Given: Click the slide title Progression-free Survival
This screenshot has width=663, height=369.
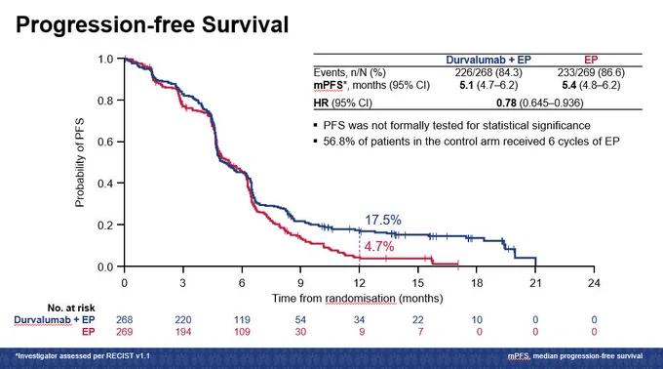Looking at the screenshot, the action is [152, 24].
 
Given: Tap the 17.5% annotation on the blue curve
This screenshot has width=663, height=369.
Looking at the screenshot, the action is [383, 220].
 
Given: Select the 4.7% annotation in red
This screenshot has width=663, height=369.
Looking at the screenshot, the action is [379, 246].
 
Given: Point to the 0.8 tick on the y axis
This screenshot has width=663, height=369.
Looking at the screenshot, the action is [105, 101].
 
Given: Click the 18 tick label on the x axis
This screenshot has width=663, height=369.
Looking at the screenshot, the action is [477, 283].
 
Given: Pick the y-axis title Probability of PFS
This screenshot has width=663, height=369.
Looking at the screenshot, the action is [80, 162].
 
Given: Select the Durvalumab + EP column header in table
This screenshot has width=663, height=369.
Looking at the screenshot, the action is [488, 61].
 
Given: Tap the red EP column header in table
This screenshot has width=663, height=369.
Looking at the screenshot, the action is [591, 61].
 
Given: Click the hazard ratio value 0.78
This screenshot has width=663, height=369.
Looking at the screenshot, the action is [507, 102].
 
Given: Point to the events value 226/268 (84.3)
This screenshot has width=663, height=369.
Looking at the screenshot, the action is [488, 73].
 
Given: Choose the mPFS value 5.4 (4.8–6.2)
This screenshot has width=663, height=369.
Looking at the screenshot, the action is [591, 86].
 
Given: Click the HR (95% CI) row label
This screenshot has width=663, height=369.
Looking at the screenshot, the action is [343, 102].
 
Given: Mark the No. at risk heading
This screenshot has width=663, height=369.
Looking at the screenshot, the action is [71, 307].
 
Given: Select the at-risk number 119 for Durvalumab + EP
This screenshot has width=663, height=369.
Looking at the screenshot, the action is [242, 320].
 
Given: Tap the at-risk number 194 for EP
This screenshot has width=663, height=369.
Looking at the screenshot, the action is [183, 332].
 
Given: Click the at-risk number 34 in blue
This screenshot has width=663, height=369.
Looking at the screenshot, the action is [359, 320].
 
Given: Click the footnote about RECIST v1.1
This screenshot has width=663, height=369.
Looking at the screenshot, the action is [83, 356].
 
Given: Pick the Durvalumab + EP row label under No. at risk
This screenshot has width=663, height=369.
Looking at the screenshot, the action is [55, 320].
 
